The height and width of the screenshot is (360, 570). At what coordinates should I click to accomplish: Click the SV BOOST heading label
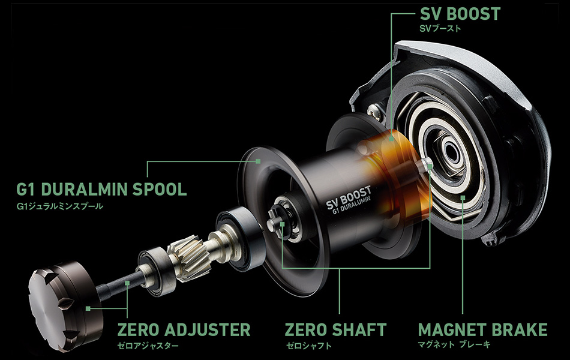(460, 14)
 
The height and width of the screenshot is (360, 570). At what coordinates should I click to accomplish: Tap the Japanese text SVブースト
(440, 28)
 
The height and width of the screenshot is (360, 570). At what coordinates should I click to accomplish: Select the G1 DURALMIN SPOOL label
(101, 189)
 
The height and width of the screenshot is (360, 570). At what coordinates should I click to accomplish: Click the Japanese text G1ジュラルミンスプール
(60, 206)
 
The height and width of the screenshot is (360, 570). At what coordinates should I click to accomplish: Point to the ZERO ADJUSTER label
(184, 329)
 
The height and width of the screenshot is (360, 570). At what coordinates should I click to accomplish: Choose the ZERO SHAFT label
(335, 329)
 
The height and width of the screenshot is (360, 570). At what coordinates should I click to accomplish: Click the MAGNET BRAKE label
(483, 329)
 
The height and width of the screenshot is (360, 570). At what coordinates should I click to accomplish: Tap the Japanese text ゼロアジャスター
(148, 346)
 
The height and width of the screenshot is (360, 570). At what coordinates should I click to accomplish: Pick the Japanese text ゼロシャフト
(308, 346)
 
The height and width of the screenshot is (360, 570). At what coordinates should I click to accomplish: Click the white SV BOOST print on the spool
(349, 197)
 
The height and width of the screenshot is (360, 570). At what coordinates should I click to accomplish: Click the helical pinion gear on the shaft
(188, 258)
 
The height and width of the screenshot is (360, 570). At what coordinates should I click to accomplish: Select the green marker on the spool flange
(258, 161)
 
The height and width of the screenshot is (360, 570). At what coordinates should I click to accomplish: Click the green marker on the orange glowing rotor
(391, 139)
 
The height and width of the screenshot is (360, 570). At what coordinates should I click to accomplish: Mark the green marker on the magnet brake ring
(463, 197)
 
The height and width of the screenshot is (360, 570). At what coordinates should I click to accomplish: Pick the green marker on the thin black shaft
(127, 283)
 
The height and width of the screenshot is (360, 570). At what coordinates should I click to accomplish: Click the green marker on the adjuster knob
(88, 308)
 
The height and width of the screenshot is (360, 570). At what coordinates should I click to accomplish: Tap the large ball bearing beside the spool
(240, 238)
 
